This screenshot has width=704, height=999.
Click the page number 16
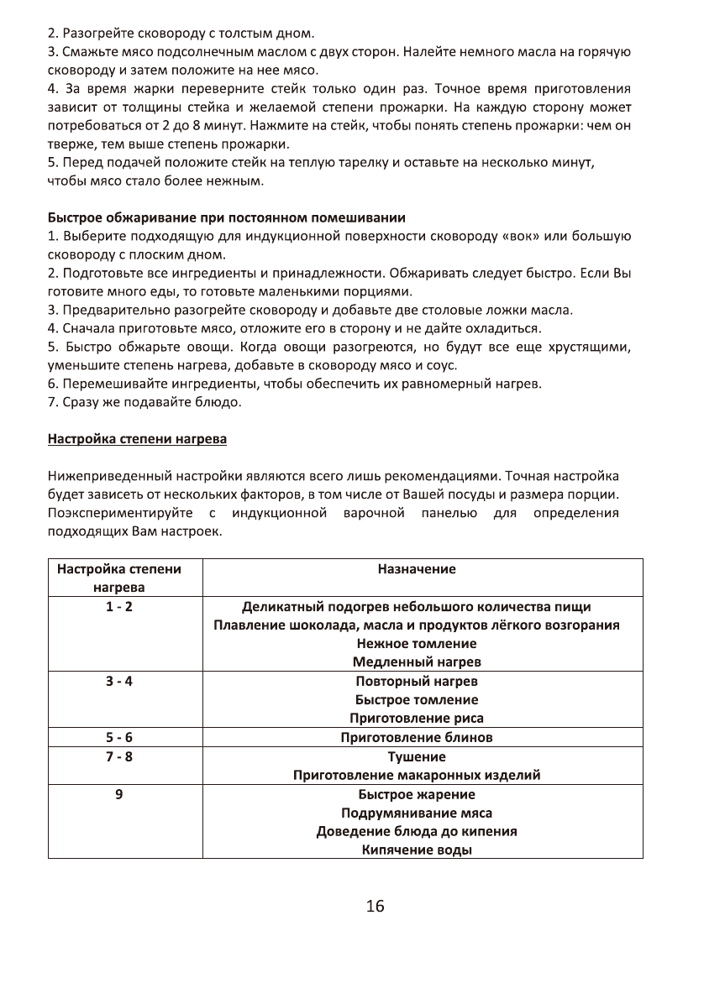click(x=375, y=907)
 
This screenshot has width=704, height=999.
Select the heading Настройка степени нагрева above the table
click(x=137, y=439)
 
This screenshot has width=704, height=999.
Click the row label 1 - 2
click(x=118, y=607)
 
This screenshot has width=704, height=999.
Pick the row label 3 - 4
click(x=118, y=681)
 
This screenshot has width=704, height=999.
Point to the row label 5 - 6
click(x=118, y=737)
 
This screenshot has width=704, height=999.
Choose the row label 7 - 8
click(x=118, y=756)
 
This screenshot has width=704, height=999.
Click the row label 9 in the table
click(x=118, y=794)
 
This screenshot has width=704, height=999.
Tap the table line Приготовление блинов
click(x=416, y=737)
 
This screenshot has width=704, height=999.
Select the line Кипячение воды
click(x=416, y=850)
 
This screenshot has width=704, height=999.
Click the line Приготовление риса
click(x=416, y=719)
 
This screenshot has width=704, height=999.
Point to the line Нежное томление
click(x=416, y=644)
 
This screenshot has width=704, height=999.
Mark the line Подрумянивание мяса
click(x=416, y=813)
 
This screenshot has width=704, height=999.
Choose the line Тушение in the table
click(x=416, y=756)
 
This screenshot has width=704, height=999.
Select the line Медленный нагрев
click(x=416, y=662)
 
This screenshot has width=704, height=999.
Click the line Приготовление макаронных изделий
click(x=416, y=775)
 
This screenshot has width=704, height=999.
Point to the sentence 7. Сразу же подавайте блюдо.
click(x=144, y=402)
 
